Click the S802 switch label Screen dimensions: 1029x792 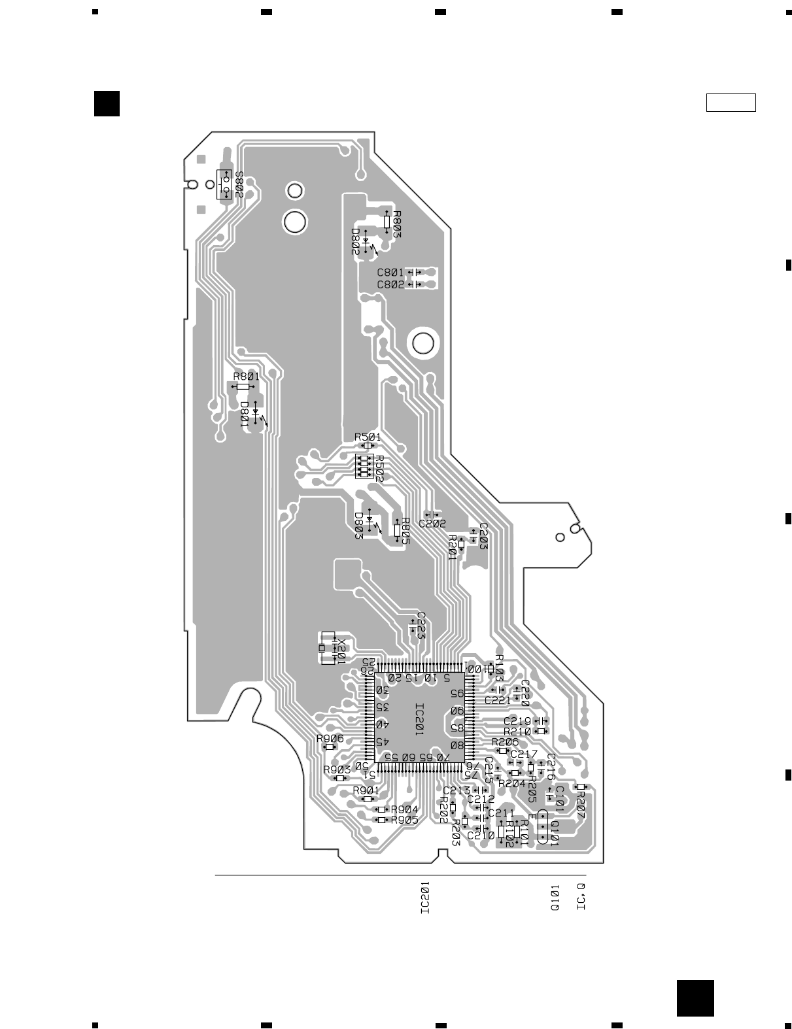click(239, 185)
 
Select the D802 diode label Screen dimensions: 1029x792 click(354, 241)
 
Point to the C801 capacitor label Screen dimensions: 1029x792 click(390, 272)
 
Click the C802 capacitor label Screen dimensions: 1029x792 click(390, 284)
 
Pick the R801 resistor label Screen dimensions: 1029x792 click(246, 376)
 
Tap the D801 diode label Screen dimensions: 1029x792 click(244, 414)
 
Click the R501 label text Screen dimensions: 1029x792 click(368, 436)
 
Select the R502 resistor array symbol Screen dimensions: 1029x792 click(362, 466)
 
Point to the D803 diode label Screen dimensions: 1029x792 click(358, 526)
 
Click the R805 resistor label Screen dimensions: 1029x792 click(405, 530)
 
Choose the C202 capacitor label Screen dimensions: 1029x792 click(432, 524)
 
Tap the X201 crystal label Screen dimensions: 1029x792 click(341, 651)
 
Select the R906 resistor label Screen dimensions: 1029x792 click(330, 738)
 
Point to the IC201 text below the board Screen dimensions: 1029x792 click(425, 897)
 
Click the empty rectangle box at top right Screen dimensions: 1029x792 click(731, 103)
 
